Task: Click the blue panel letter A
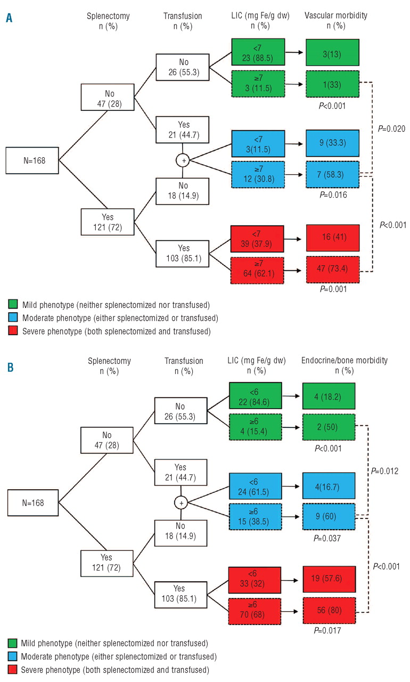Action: [9, 19]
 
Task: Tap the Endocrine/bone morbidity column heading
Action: [345, 365]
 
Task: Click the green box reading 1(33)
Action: [333, 84]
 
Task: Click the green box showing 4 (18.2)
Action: [333, 395]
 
